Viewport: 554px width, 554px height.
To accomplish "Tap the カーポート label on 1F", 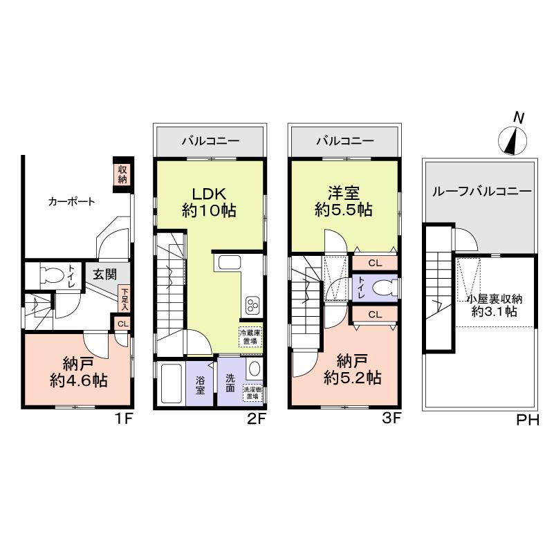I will tap(71, 202).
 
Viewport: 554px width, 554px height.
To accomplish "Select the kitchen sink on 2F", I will tap(229, 264).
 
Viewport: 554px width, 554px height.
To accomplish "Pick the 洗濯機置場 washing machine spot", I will tap(252, 393).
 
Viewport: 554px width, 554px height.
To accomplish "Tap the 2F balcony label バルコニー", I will tap(210, 142).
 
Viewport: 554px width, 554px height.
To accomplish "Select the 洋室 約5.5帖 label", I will tap(344, 201).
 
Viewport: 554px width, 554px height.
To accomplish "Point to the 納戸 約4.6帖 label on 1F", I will tap(77, 371).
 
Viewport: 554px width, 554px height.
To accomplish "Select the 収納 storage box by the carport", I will tap(122, 174).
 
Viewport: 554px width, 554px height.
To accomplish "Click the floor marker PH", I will tap(528, 419).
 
